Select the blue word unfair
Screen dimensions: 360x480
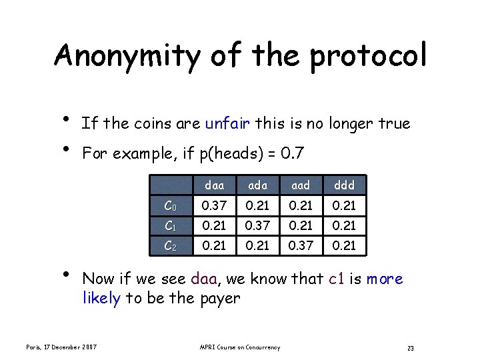(x=228, y=123)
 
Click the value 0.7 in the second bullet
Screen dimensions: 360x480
(x=293, y=154)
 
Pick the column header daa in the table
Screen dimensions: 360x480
(x=214, y=185)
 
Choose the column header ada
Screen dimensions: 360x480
(x=257, y=185)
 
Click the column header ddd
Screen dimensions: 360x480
(x=344, y=185)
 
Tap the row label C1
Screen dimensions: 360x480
(x=171, y=226)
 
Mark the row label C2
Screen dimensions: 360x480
(x=171, y=246)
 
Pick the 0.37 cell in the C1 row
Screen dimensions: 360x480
(x=257, y=226)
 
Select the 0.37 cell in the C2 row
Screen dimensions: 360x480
(x=301, y=246)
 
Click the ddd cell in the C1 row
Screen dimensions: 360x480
(x=344, y=226)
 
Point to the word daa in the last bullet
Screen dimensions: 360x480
(x=203, y=279)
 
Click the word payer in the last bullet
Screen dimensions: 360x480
(x=221, y=298)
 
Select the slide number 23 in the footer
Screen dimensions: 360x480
(x=411, y=348)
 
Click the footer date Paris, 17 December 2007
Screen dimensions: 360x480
(x=61, y=347)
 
